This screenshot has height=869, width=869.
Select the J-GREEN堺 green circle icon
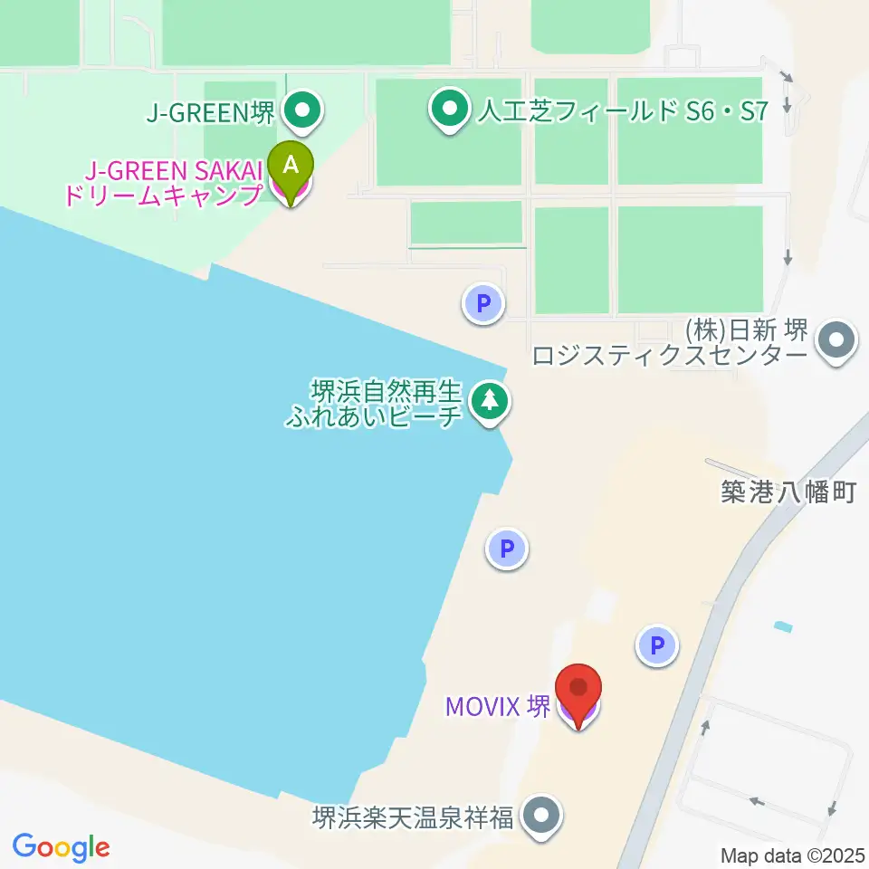click(x=302, y=113)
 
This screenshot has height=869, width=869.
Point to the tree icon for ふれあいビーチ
click(x=489, y=400)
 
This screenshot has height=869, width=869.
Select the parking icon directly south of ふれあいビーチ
click(x=507, y=549)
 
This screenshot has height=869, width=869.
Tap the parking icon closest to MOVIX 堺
click(x=658, y=646)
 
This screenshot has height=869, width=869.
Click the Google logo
click(x=61, y=848)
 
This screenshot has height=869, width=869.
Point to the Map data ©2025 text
click(x=794, y=855)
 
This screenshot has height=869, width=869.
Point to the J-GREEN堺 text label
click(x=210, y=114)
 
